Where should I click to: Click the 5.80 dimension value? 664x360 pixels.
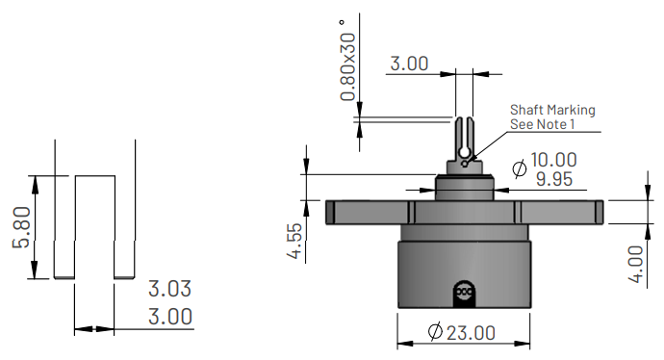[21, 227]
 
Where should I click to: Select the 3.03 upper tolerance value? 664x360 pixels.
[169, 289]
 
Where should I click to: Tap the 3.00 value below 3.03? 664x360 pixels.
[169, 317]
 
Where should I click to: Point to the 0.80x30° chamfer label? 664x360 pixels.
[348, 60]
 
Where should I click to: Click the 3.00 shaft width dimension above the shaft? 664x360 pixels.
[409, 64]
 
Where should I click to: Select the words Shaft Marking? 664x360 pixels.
[552, 110]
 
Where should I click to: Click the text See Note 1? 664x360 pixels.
[543, 124]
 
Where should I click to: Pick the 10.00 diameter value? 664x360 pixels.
[553, 160]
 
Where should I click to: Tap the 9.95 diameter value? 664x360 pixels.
[554, 179]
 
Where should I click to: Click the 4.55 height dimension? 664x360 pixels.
[295, 241]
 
